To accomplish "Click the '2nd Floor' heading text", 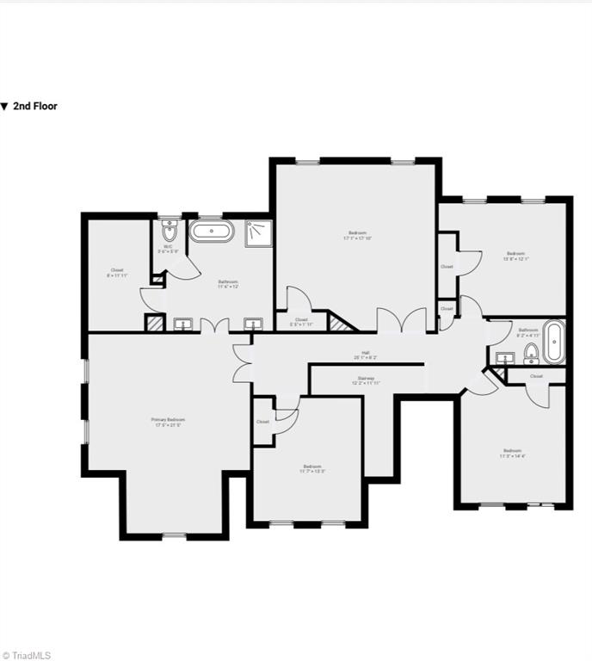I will (x=35, y=107).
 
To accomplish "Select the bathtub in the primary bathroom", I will (x=211, y=232).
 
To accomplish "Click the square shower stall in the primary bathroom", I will (x=258, y=233).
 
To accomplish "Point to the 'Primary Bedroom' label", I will (x=169, y=422).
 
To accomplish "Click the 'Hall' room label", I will (x=366, y=355).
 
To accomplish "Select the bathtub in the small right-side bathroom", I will (x=552, y=343).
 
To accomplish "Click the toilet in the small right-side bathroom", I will (x=531, y=353).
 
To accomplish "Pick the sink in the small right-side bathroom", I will (x=505, y=359).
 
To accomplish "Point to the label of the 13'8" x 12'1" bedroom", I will (x=515, y=256).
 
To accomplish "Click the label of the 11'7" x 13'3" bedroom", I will (x=311, y=469).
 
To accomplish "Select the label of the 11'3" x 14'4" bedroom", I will (x=513, y=454).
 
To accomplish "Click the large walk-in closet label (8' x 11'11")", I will (x=117, y=273).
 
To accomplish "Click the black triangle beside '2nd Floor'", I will (x=4, y=107).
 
